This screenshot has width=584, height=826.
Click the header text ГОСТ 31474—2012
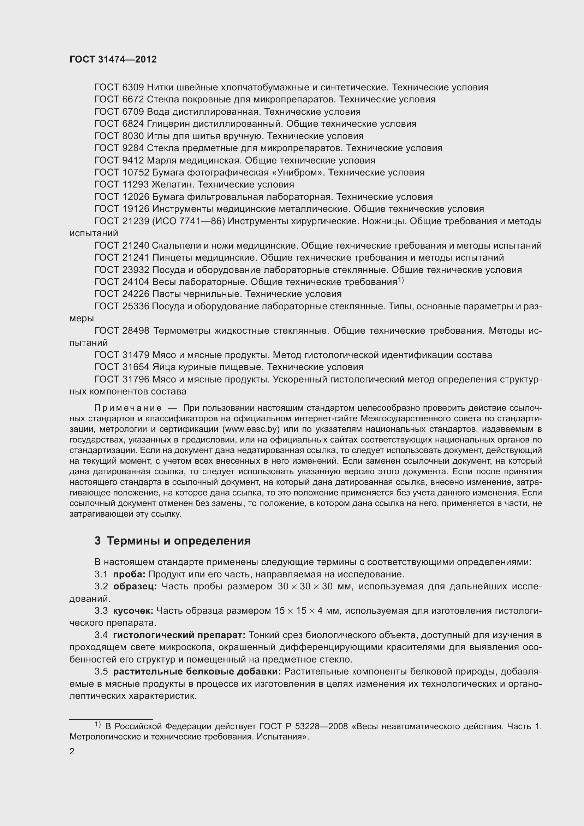113,59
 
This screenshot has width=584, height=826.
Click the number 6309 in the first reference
133,87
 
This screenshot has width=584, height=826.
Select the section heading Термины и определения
179,541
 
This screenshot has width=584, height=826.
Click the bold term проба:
129,574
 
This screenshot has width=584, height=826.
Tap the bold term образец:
135,587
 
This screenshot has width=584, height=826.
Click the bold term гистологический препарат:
179,635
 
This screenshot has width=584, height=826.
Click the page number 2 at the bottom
72,751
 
